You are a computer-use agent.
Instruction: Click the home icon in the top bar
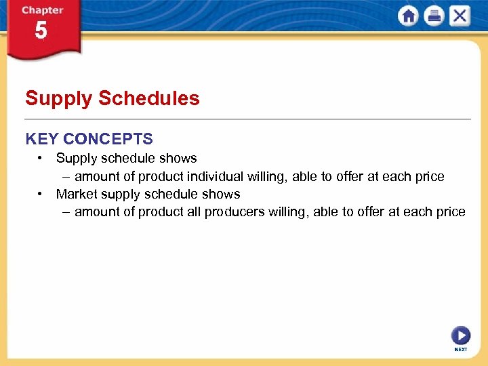[x=408, y=16]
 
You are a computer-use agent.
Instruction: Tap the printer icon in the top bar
[x=434, y=16]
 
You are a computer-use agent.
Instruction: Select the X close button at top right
[x=460, y=16]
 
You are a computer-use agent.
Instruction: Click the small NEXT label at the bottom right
[x=460, y=349]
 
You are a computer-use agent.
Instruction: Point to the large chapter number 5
[x=41, y=30]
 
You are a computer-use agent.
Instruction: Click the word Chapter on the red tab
[x=43, y=10]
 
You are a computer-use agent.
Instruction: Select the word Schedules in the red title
[x=149, y=98]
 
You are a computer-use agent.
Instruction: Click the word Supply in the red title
[x=58, y=98]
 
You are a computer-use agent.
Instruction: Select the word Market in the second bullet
[x=76, y=195]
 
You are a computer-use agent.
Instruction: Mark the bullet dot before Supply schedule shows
[x=41, y=159]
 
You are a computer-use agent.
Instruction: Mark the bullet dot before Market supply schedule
[x=41, y=195]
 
